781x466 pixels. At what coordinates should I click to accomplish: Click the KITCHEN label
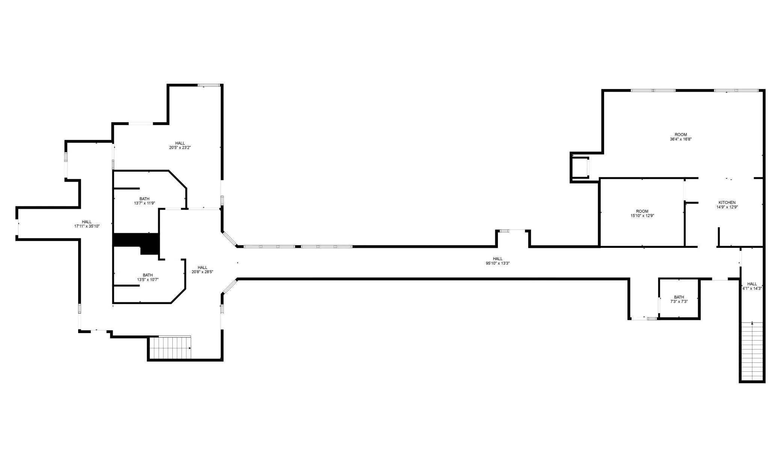(x=727, y=203)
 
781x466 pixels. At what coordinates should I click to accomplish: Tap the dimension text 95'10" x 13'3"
(x=498, y=263)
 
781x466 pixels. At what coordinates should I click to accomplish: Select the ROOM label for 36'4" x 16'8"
(x=681, y=135)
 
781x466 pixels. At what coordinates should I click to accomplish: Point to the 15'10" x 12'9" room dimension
(x=642, y=216)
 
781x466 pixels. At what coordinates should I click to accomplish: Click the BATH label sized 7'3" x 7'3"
(x=679, y=297)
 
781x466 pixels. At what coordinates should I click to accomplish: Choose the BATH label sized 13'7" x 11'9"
(x=144, y=199)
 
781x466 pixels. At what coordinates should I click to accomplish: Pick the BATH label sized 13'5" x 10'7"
(x=148, y=275)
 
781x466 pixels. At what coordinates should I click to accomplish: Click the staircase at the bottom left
(x=170, y=348)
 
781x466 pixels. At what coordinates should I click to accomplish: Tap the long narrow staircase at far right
(x=752, y=351)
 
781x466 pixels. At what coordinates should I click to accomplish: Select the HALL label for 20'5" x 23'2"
(x=180, y=143)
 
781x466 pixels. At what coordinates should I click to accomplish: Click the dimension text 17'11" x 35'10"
(x=87, y=226)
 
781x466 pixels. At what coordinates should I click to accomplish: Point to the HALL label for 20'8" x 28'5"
(x=202, y=268)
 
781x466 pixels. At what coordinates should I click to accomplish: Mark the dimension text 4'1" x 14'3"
(x=752, y=288)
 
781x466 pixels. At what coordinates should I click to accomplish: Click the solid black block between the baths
(x=137, y=243)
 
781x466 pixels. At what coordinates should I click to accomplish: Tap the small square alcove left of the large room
(x=579, y=167)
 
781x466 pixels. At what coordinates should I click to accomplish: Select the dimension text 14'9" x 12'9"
(x=727, y=207)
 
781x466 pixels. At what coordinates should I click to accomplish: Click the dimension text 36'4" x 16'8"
(x=681, y=139)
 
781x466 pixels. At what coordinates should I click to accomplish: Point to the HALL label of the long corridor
(x=498, y=259)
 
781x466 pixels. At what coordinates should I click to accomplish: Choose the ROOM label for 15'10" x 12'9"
(x=642, y=211)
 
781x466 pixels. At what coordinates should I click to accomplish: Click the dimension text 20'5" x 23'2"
(x=180, y=148)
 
